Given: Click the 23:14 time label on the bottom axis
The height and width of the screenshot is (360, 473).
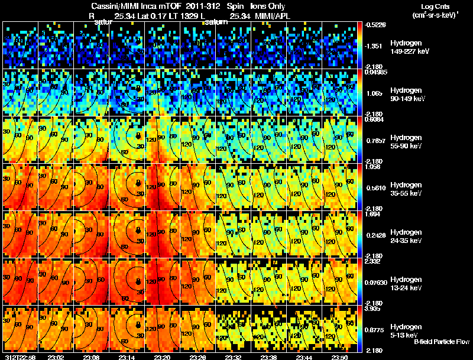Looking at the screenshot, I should (127, 357).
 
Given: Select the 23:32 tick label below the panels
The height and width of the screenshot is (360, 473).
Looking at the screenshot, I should (234, 357).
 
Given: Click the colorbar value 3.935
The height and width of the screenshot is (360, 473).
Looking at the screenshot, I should (371, 309).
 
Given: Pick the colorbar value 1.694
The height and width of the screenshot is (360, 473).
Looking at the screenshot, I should (371, 214).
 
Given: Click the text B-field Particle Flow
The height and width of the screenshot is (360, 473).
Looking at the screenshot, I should (441, 342).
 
